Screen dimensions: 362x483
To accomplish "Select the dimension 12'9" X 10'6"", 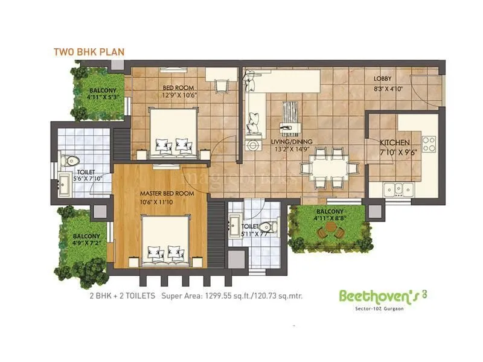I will coord(179,95).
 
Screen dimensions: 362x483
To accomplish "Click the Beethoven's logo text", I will coord(374,296).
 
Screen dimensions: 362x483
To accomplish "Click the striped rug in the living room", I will coord(292,111).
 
